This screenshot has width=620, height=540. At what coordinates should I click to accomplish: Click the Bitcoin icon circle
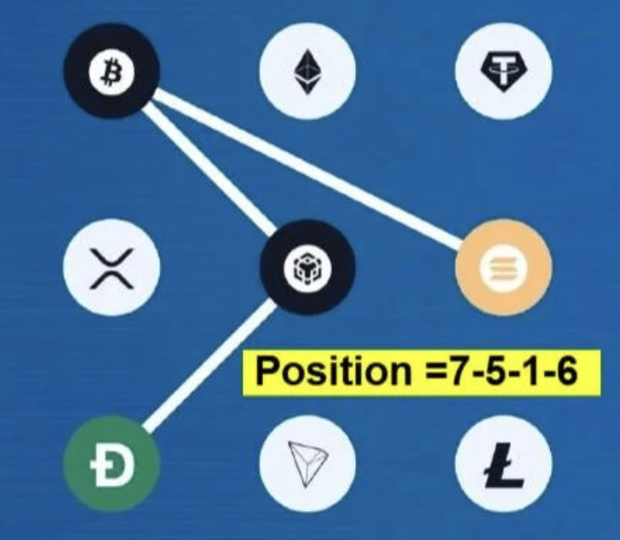coord(112,71)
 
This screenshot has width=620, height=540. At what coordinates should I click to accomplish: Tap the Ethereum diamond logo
coord(307,72)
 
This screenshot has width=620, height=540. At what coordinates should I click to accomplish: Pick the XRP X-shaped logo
coord(112,268)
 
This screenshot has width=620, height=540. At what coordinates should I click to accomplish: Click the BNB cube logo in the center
coord(307,267)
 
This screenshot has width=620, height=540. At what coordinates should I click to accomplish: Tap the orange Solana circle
coord(503,267)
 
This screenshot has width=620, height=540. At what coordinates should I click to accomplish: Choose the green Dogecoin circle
coord(112,463)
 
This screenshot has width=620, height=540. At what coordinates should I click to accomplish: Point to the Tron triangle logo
coord(308,464)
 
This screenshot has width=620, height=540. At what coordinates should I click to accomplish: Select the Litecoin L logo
coord(504,465)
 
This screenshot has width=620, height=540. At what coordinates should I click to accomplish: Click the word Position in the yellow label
coord(334,371)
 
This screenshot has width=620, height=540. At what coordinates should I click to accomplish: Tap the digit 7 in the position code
coord(458,371)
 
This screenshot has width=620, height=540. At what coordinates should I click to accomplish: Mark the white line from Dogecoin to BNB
coord(209,365)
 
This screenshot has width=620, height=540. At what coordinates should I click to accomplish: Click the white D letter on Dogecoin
coord(112,463)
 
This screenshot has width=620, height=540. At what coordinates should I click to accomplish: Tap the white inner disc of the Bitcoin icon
coord(112,72)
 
